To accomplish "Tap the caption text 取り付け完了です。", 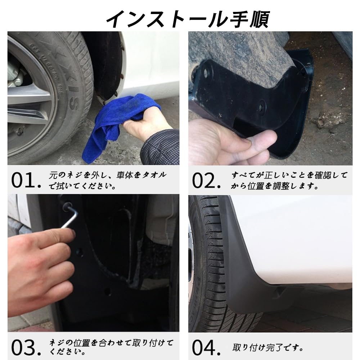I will pos(268,348).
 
